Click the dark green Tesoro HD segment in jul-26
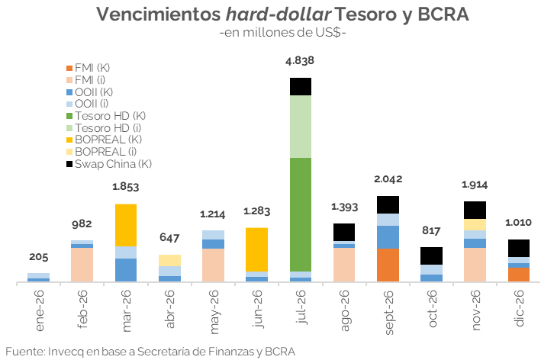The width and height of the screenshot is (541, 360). pos(301,214)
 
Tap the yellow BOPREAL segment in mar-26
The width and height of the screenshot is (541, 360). pos(125,225)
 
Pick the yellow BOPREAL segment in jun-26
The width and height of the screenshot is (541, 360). pos(256,249)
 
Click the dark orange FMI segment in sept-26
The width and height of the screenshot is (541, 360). pos(388,265)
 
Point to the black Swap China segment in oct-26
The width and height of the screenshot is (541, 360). pos(432,256)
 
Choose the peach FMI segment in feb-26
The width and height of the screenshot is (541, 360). pos(82,265)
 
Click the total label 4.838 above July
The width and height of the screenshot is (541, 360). pos(300,61)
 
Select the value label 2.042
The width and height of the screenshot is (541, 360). pos(388,179)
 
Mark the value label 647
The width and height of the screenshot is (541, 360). pos(169,237)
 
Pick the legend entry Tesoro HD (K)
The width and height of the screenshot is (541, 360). pos(110,115)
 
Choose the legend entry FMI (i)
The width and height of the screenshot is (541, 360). pos(93,79)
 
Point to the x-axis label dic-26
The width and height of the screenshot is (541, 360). pos(520,312)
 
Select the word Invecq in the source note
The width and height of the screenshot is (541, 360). pos(68,351)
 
